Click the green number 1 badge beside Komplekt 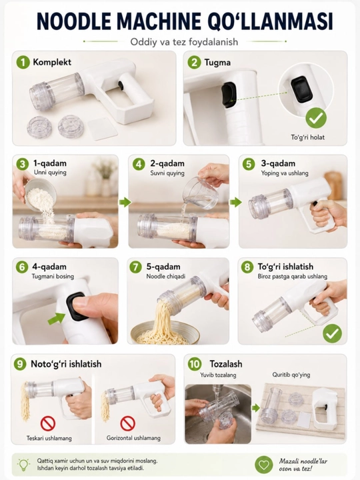(x=23, y=62)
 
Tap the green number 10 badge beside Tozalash (x=195, y=364)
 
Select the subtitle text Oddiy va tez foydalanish (x=184, y=41)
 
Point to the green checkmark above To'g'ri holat (x=316, y=118)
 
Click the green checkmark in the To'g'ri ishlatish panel (x=332, y=333)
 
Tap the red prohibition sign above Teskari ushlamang (x=48, y=423)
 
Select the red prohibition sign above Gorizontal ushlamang (x=127, y=423)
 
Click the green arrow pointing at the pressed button (x=56, y=319)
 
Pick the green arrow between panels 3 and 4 (x=125, y=202)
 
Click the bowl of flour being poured (x=41, y=192)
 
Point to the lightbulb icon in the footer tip (x=23, y=465)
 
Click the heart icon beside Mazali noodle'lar (x=264, y=465)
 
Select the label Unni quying (x=50, y=173)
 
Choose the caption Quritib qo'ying (x=291, y=375)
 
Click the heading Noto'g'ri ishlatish (x=66, y=364)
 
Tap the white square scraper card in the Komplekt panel (x=103, y=129)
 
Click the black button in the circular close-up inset (x=302, y=89)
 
